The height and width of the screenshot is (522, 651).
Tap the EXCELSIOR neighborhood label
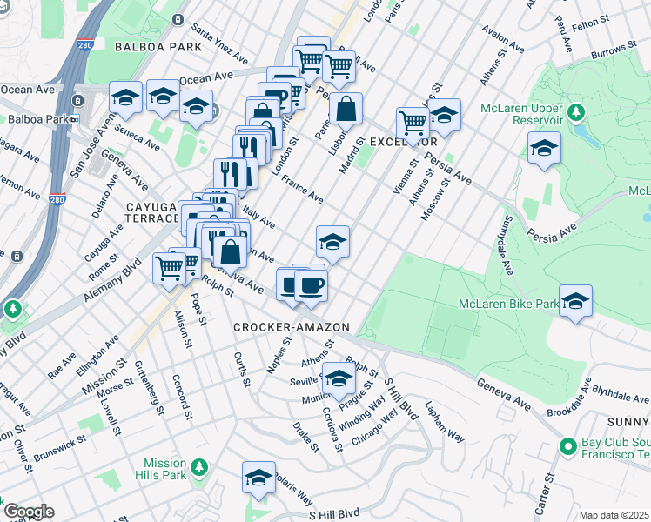[x=402, y=141]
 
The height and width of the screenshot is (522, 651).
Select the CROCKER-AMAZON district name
[x=291, y=327]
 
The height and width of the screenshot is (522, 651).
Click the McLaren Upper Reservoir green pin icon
[x=574, y=112]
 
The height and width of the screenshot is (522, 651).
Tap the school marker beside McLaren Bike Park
[x=575, y=301]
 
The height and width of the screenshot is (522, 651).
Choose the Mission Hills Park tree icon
[x=199, y=468]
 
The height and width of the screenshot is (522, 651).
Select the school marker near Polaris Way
[x=258, y=478]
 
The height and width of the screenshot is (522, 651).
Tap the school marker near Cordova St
[x=339, y=378]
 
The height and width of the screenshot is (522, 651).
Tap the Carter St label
[x=548, y=491]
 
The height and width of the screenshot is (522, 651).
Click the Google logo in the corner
[x=29, y=512]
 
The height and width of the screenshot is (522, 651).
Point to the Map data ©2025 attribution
[x=614, y=515]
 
